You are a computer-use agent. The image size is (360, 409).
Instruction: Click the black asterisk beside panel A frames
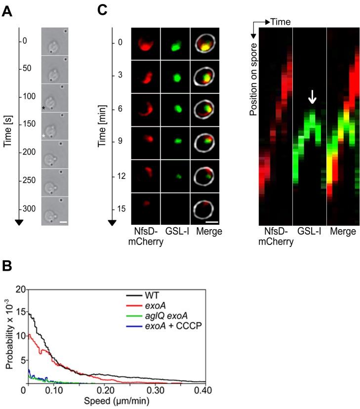pos(44,107)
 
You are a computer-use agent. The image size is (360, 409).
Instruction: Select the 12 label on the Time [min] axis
pos(117,177)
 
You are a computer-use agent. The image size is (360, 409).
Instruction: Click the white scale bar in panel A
pos(63,222)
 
